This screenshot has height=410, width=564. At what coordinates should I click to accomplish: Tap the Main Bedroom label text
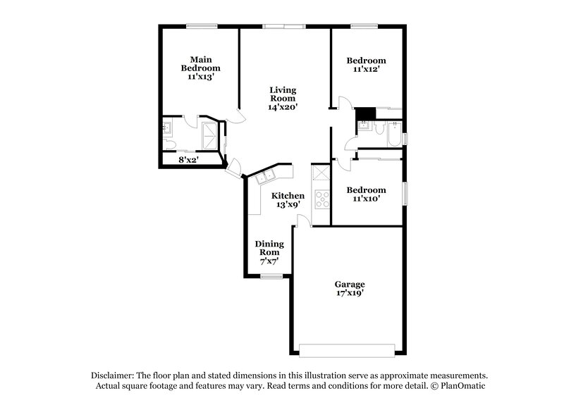[200, 63]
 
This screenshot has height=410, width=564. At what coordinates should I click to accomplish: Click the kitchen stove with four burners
[321, 199]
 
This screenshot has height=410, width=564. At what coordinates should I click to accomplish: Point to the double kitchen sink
[266, 177]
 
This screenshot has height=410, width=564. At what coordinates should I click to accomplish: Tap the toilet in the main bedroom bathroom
[169, 144]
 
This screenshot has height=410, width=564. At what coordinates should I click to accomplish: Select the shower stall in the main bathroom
[210, 134]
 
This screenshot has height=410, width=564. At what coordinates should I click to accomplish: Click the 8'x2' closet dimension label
[188, 160]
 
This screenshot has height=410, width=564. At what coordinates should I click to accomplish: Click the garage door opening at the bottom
[346, 350]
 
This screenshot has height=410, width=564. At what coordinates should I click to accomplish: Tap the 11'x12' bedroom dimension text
[366, 70]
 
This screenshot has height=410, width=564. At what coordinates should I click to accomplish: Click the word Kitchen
[289, 195]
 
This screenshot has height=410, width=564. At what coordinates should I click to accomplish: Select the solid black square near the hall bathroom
[365, 113]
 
